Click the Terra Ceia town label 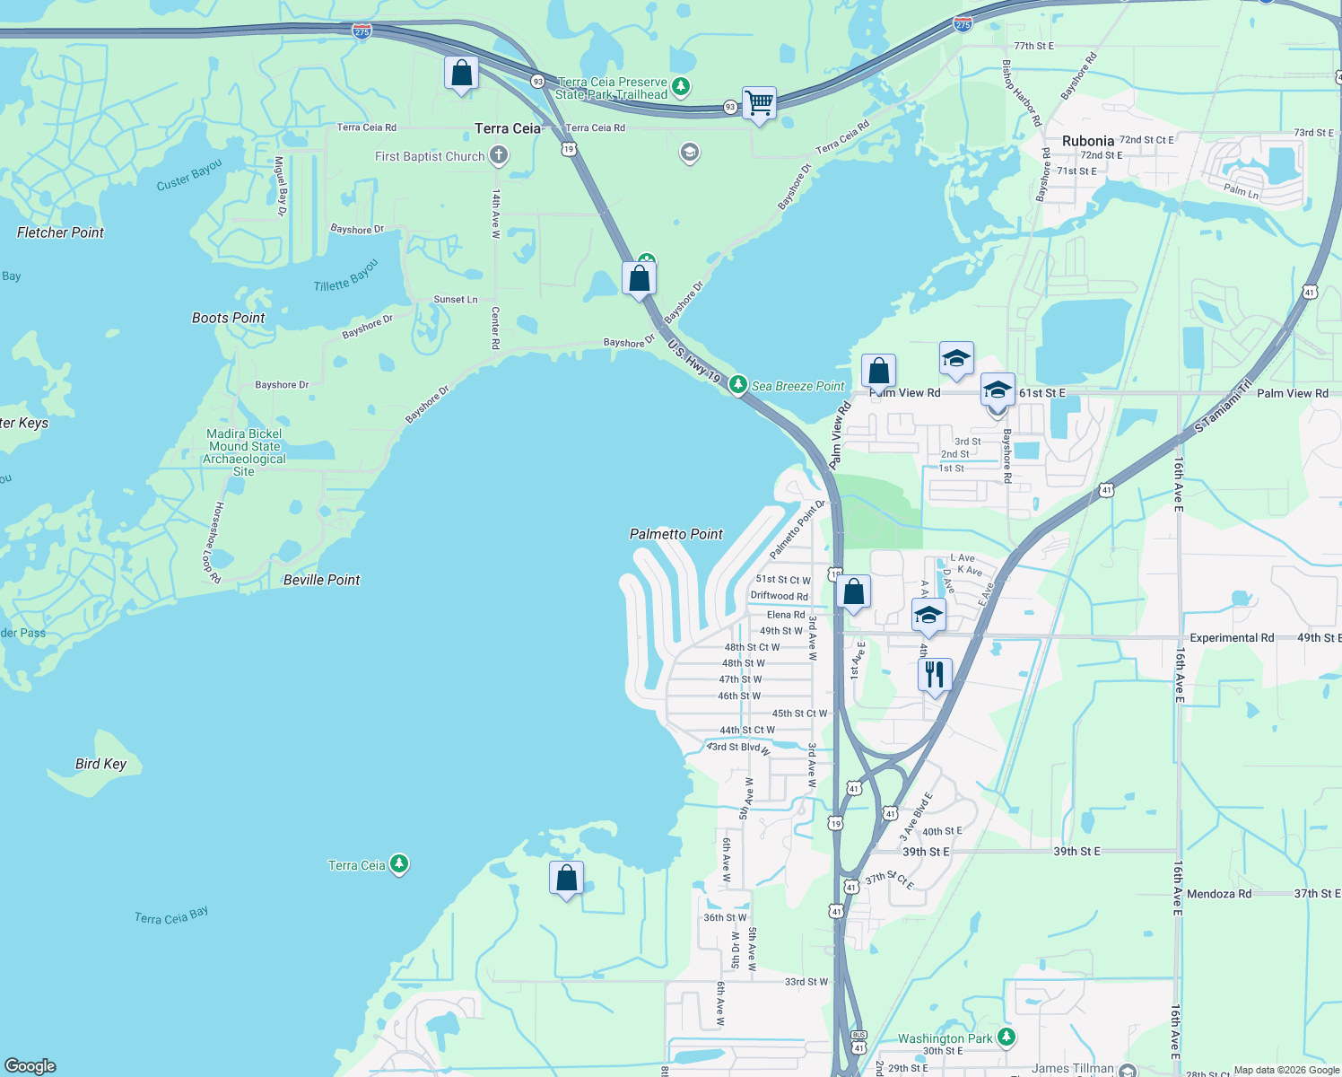pyautogui.click(x=508, y=128)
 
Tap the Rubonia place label pyautogui.click(x=1087, y=141)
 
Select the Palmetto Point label pyautogui.click(x=675, y=534)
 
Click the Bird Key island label pyautogui.click(x=100, y=764)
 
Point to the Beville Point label pyautogui.click(x=321, y=580)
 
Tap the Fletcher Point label pyautogui.click(x=60, y=232)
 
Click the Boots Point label pyautogui.click(x=228, y=318)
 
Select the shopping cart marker pyautogui.click(x=759, y=103)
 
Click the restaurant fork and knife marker pyautogui.click(x=935, y=674)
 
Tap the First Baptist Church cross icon pyautogui.click(x=499, y=156)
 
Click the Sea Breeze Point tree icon pyautogui.click(x=737, y=385)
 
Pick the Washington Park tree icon pyautogui.click(x=1006, y=1038)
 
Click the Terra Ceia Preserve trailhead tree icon pyautogui.click(x=681, y=86)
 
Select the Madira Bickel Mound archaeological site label pyautogui.click(x=244, y=452)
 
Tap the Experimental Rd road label pyautogui.click(x=1232, y=638)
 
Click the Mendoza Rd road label pyautogui.click(x=1218, y=894)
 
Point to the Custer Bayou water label pyautogui.click(x=188, y=175)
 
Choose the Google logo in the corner pyautogui.click(x=30, y=1065)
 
